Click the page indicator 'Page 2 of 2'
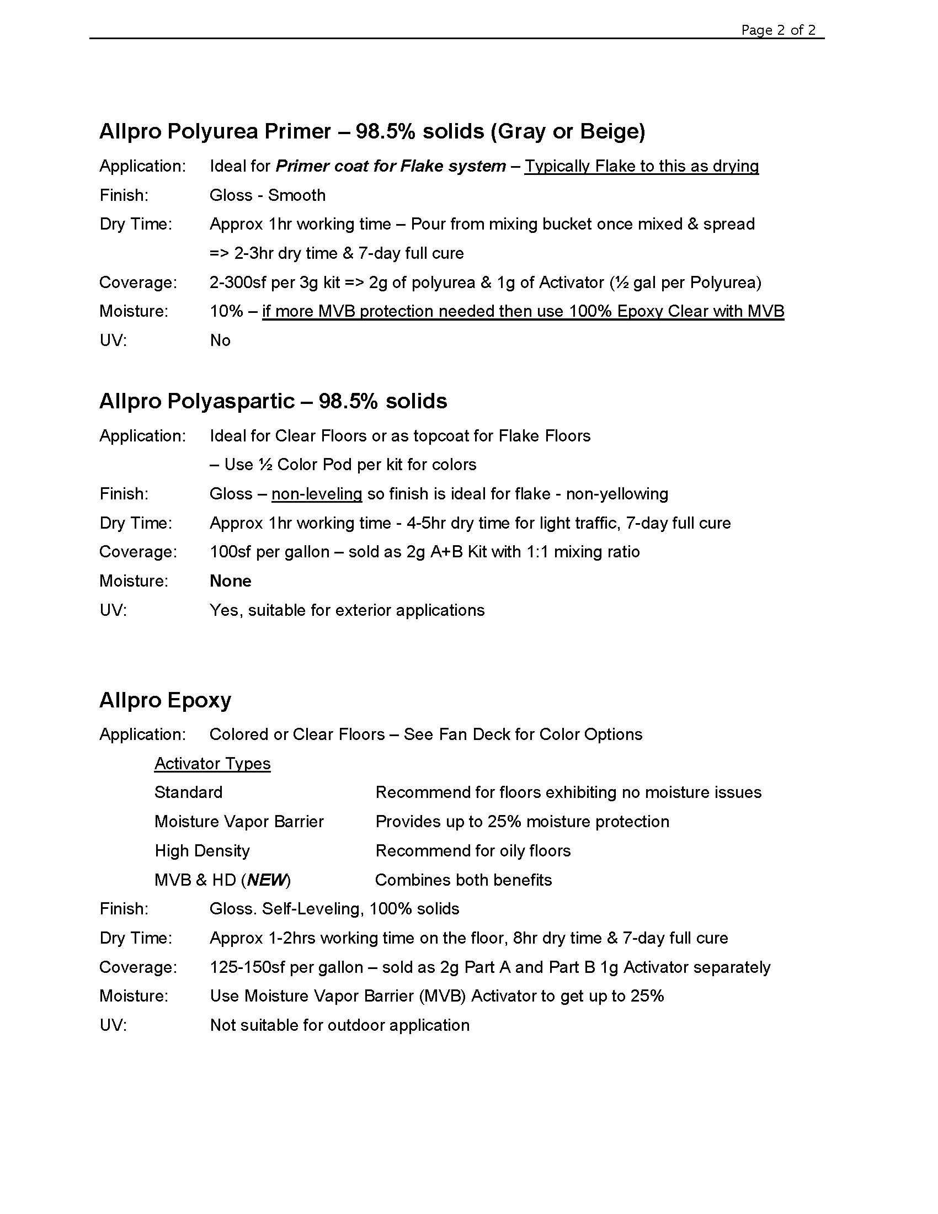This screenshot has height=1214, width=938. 778,30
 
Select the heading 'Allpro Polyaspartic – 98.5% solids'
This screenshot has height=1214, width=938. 273,401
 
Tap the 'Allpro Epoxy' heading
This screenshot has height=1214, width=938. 165,700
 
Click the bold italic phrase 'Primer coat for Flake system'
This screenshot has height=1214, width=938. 391,166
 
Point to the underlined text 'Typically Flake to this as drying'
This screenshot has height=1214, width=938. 641,166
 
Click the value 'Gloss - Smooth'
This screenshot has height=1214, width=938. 267,195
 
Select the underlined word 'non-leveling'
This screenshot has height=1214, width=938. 317,494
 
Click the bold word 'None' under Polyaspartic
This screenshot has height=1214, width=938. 230,581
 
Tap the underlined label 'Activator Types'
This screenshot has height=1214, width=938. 212,763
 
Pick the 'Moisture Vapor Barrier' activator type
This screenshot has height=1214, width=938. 239,822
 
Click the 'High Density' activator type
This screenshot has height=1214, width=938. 202,850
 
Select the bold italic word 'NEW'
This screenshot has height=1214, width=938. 267,880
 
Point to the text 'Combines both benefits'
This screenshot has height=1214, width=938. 463,880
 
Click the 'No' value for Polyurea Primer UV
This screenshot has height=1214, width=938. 220,340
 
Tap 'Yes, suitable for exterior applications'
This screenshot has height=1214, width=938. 347,610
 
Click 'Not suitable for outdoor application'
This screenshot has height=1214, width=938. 339,1025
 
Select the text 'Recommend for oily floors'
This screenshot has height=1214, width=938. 473,850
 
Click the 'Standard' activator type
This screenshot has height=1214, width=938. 188,792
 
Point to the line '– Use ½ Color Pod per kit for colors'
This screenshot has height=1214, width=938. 343,465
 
